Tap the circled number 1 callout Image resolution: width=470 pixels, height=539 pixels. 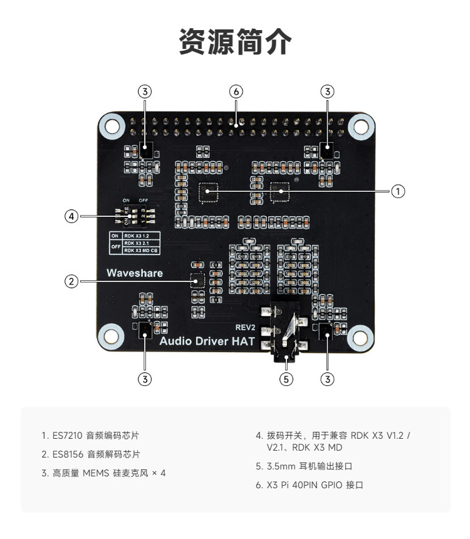click(397, 191)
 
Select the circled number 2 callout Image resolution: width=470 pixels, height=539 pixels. click(72, 281)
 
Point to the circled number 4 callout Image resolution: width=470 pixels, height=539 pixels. click(72, 216)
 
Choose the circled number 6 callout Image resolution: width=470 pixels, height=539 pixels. click(236, 91)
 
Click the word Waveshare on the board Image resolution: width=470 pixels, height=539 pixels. click(134, 273)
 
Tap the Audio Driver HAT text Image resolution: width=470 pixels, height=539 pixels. click(207, 342)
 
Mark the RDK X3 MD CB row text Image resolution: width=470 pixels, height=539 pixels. click(141, 250)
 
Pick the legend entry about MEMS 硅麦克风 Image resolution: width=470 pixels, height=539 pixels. click(103, 473)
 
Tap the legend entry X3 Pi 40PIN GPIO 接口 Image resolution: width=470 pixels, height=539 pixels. click(309, 486)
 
